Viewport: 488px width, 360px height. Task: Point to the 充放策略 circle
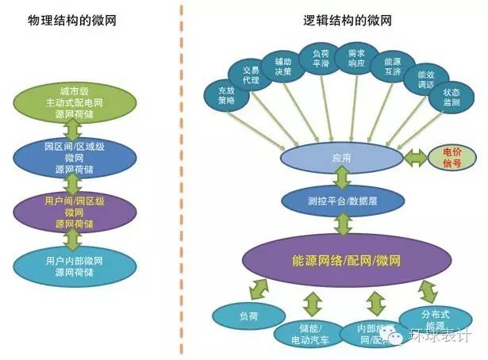[225, 96]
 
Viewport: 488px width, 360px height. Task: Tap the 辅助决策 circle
[284, 64]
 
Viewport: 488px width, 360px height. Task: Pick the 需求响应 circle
[354, 58]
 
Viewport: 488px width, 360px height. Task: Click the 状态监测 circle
[449, 99]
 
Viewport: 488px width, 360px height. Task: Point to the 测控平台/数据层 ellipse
[341, 201]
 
